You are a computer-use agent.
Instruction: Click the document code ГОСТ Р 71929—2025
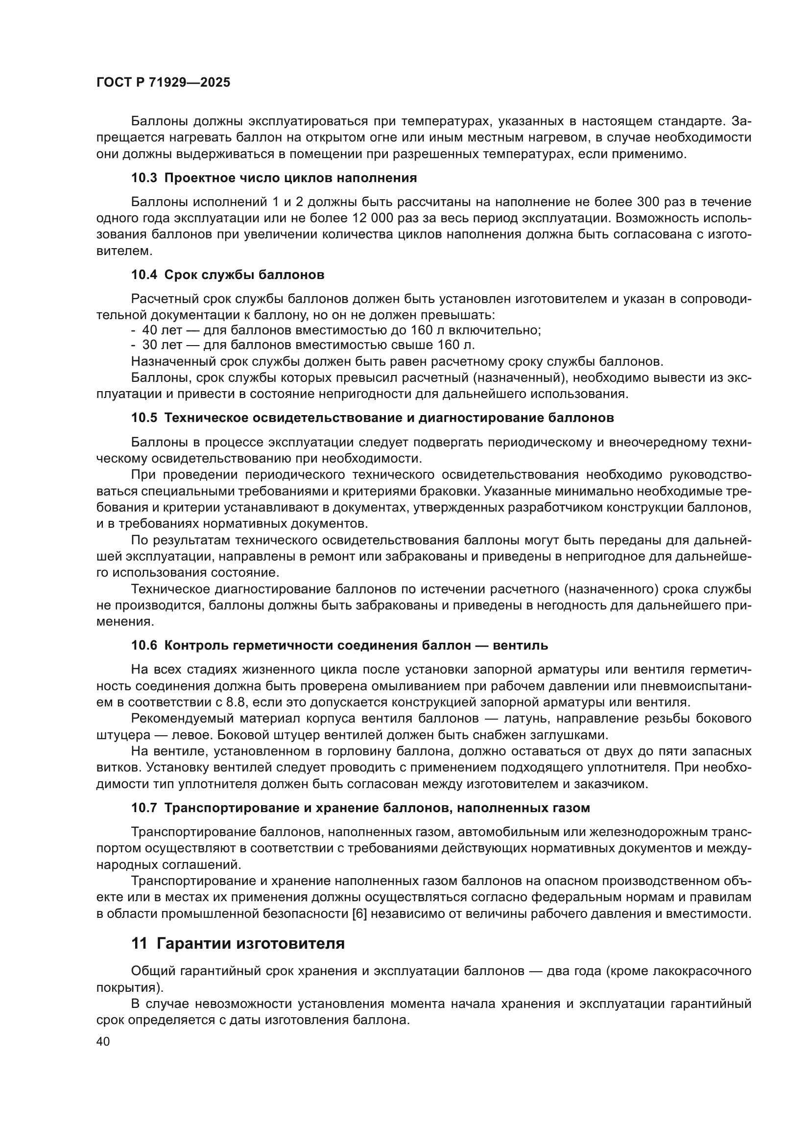click(x=163, y=83)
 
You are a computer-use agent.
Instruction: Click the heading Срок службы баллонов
click(x=244, y=275)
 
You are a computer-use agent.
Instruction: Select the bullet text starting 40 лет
click(x=341, y=329)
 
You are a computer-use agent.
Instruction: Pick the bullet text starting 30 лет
click(x=308, y=345)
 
